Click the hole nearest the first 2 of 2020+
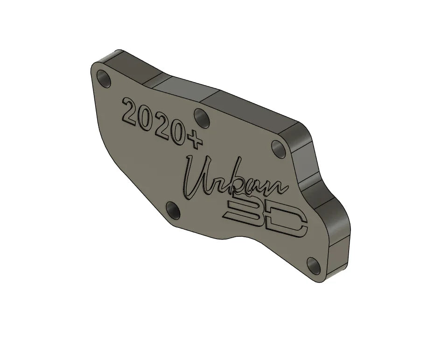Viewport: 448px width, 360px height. click(x=103, y=78)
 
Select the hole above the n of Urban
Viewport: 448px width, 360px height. click(x=280, y=149)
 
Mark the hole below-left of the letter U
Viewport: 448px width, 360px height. click(x=173, y=211)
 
